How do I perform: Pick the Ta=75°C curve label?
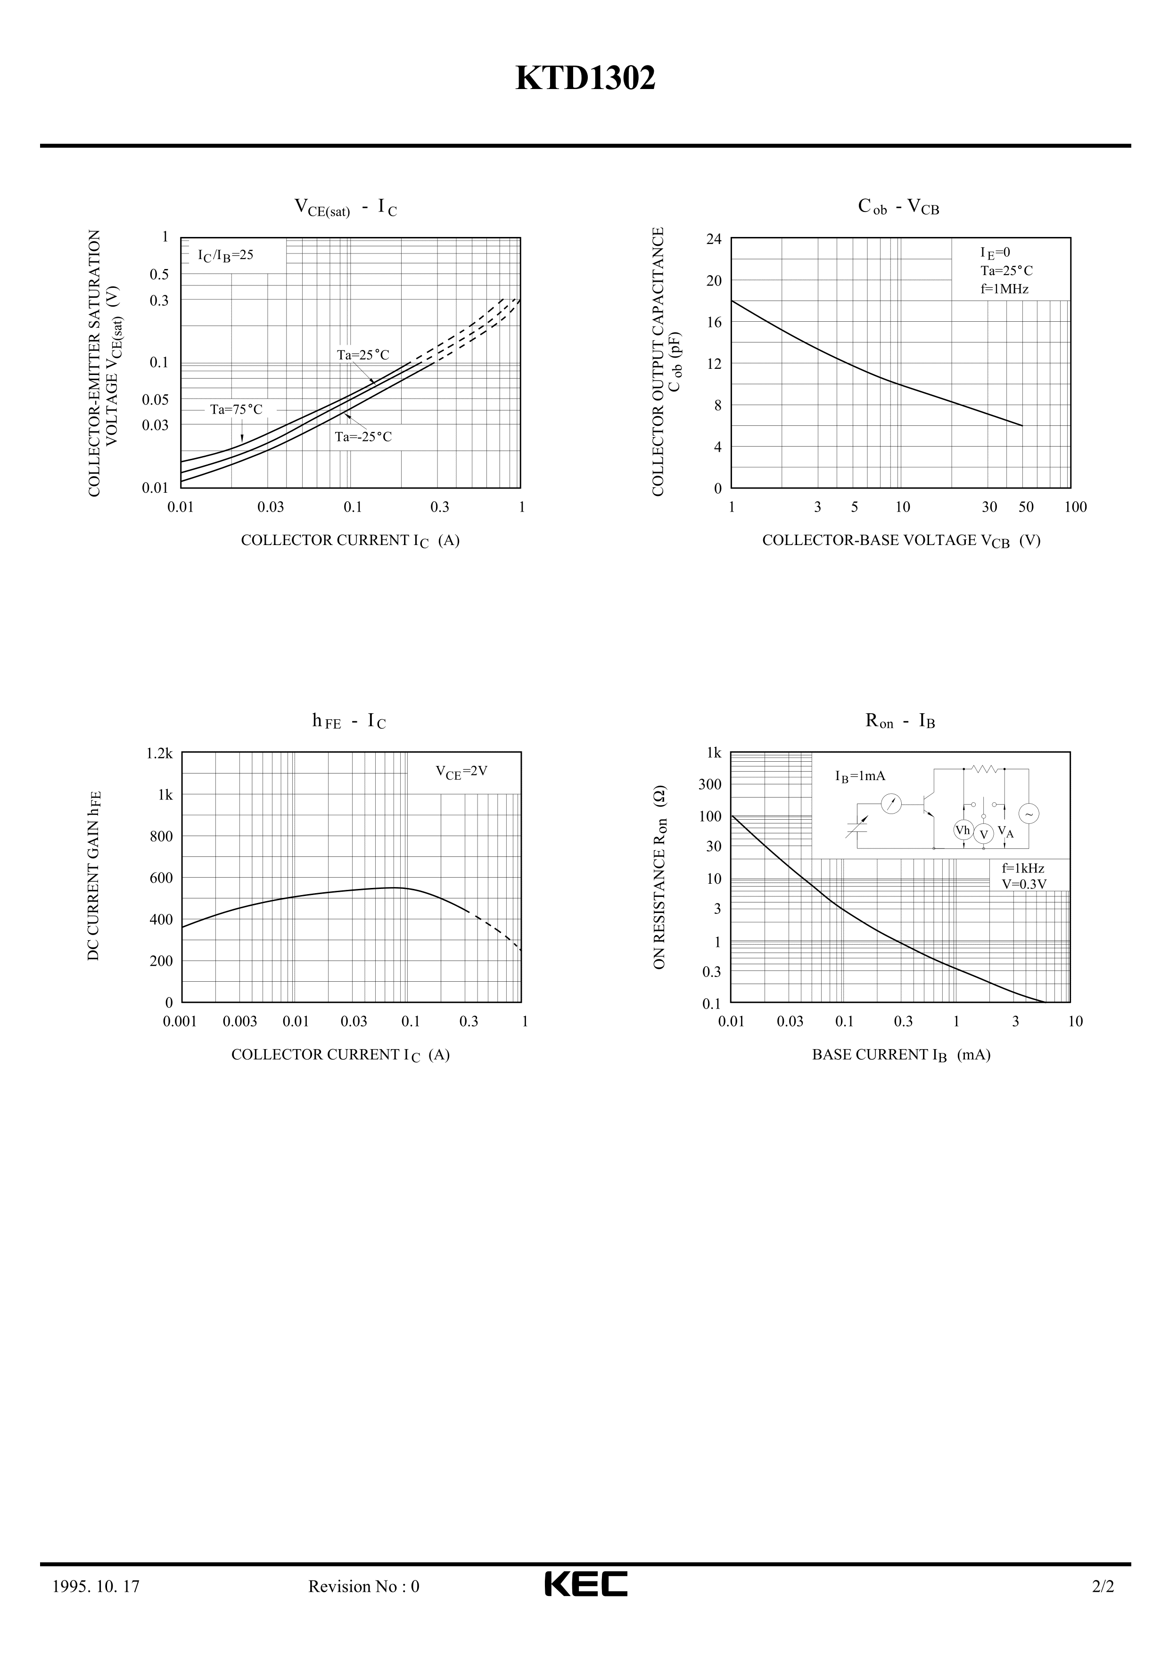[x=236, y=410]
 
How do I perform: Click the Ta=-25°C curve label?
[x=363, y=437]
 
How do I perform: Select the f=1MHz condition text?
[x=1004, y=289]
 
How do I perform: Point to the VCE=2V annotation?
[x=461, y=771]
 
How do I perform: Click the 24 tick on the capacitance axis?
[x=713, y=239]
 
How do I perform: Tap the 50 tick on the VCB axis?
[x=1026, y=507]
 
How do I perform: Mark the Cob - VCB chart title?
[x=898, y=207]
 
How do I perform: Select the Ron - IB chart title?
[x=900, y=721]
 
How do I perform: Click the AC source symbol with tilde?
[x=1029, y=814]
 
